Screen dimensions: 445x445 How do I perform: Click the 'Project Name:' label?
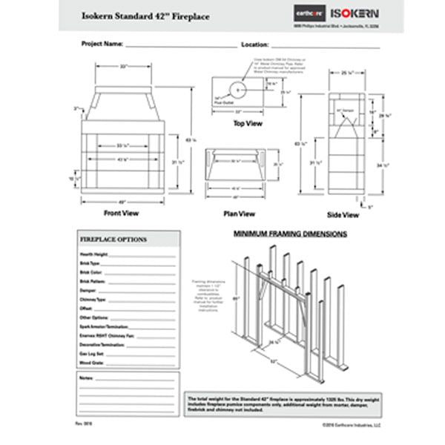102,44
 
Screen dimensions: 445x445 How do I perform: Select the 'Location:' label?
260,44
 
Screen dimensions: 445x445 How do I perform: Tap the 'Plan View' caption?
239,213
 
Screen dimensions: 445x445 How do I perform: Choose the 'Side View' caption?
343,215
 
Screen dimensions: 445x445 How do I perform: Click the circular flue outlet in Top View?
238,89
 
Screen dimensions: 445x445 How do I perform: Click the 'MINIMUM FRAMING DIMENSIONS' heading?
291,233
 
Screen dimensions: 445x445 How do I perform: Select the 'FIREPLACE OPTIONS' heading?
113,240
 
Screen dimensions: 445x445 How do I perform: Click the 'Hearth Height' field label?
93,254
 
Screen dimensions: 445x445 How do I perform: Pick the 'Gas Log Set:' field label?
92,355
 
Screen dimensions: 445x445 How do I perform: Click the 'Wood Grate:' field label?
91,363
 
